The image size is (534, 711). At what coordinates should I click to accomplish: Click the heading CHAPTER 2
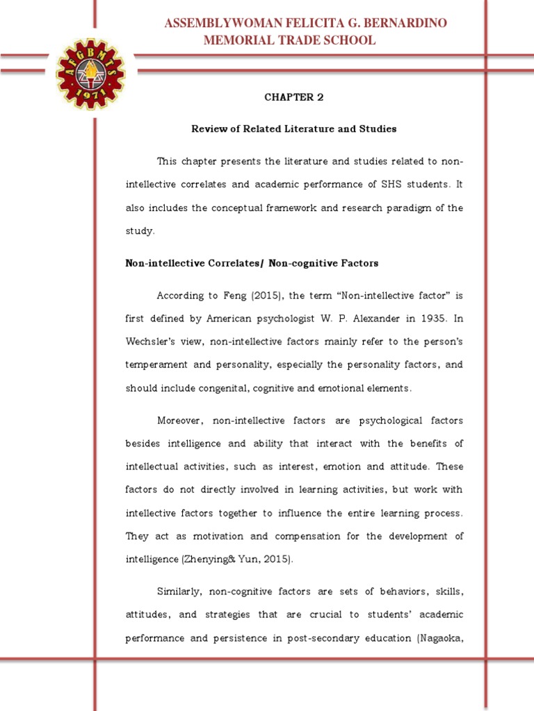click(x=293, y=97)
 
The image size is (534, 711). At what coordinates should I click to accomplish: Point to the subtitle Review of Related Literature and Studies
click(x=293, y=129)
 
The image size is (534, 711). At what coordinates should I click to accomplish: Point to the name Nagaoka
click(x=439, y=638)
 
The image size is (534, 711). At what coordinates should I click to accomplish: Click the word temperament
click(x=157, y=365)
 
